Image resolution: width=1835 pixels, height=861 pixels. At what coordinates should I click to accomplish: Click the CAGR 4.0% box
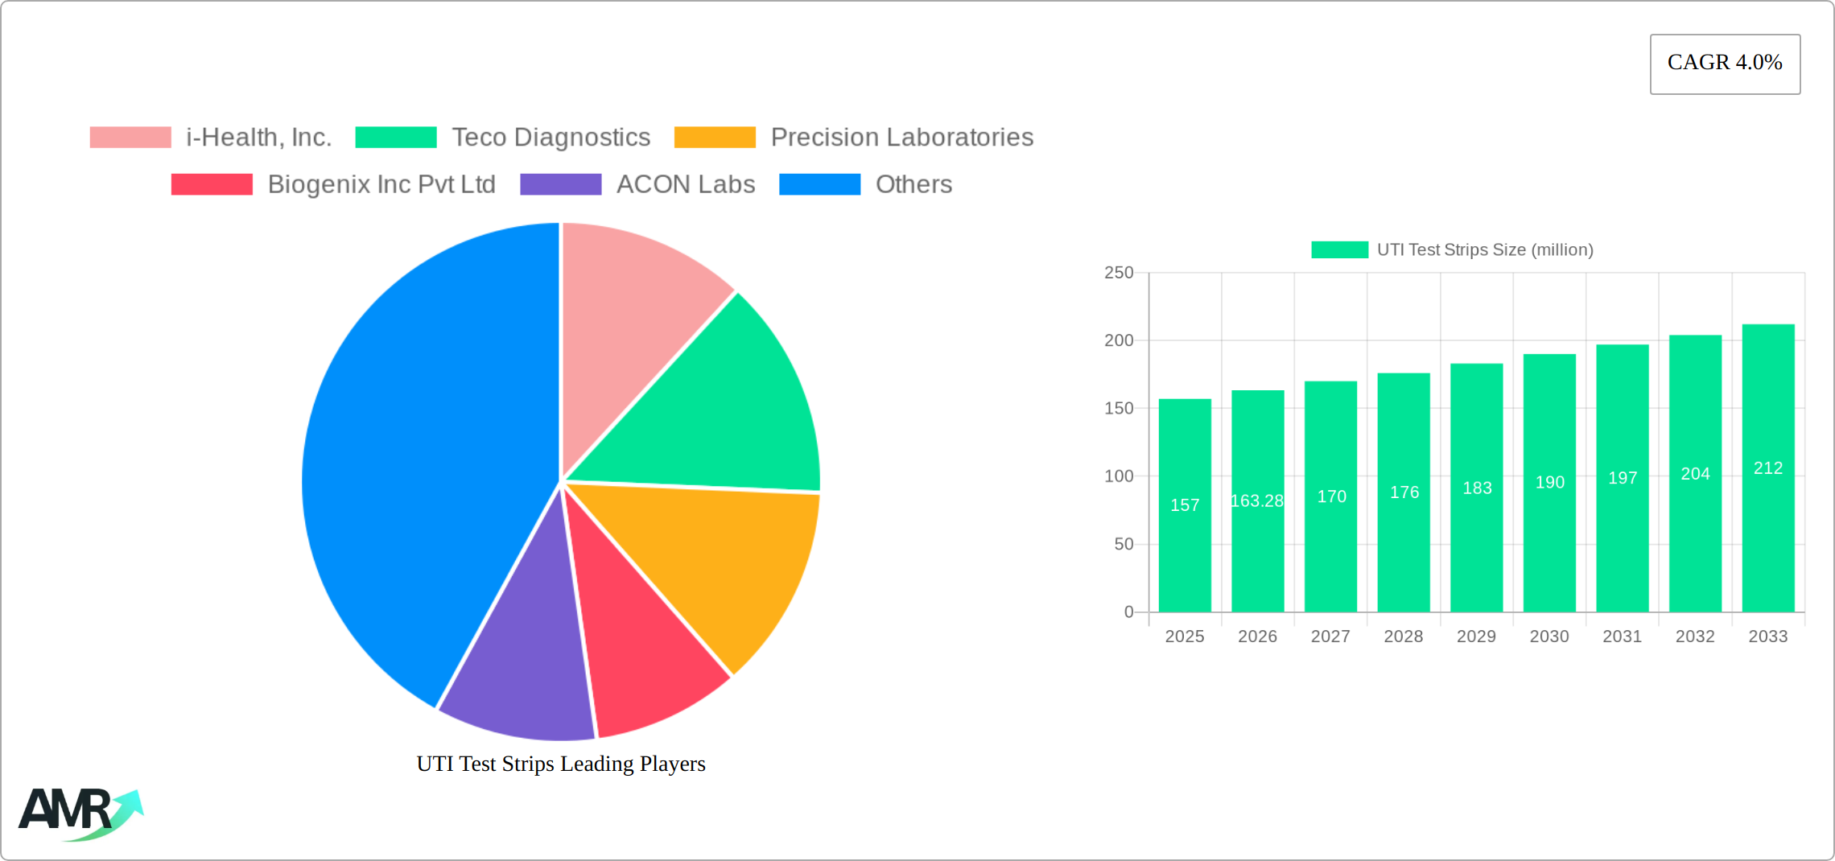click(x=1725, y=64)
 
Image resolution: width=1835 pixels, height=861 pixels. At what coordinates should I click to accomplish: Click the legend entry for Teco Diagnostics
click(x=503, y=138)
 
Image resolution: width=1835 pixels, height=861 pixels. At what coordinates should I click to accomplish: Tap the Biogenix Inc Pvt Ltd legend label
click(x=381, y=184)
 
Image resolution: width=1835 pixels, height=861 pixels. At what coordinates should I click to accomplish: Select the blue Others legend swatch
click(x=819, y=184)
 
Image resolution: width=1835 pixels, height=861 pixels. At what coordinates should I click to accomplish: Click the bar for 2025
click(x=1185, y=505)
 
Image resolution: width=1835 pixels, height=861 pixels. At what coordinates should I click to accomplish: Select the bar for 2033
click(x=1768, y=468)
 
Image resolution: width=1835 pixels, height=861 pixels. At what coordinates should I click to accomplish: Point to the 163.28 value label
click(x=1257, y=501)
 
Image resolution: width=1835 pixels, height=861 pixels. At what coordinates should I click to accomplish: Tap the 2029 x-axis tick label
click(x=1476, y=636)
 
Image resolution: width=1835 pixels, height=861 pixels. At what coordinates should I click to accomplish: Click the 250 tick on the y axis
click(x=1119, y=273)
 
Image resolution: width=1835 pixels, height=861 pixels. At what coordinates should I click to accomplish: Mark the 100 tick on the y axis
click(x=1119, y=476)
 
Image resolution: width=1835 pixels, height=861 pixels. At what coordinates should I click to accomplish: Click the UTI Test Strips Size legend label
click(x=1485, y=249)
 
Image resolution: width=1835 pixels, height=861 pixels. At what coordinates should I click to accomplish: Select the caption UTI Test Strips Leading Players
click(x=561, y=764)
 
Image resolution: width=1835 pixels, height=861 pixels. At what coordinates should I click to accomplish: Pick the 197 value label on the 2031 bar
click(x=1623, y=478)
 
